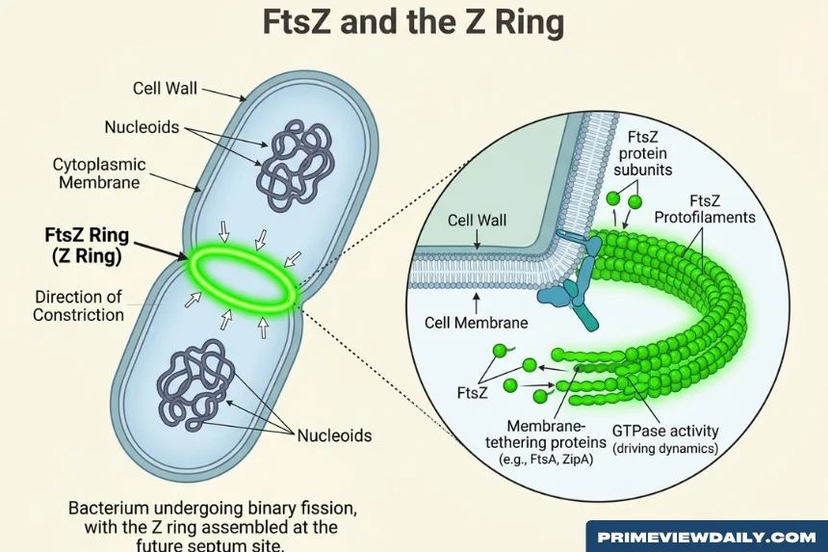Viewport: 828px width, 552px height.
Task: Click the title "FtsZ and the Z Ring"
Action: coord(413,22)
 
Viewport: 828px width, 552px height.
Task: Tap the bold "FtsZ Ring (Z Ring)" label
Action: coord(87,245)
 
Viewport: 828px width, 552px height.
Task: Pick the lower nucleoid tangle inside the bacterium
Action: coord(195,384)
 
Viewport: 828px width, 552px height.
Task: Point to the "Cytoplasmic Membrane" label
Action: coord(99,173)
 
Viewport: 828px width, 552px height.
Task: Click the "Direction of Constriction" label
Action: coord(79,305)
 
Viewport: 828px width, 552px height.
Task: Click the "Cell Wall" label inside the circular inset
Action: coord(477,220)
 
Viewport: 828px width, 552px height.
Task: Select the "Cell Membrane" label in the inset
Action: coord(477,323)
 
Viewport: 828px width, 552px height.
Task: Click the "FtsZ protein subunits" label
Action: coord(642,153)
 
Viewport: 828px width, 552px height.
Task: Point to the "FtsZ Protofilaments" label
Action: coord(705,209)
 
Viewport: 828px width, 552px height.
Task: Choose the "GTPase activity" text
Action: coord(665,431)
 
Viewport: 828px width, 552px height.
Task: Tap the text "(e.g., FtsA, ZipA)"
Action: coord(546,460)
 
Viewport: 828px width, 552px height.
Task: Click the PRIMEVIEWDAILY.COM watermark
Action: coord(707,538)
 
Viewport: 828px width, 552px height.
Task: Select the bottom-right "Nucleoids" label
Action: coord(335,435)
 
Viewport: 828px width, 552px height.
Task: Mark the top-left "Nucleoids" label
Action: coord(142,127)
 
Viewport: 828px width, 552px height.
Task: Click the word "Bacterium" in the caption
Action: coord(108,508)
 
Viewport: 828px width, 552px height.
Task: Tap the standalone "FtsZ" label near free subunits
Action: coord(472,393)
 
